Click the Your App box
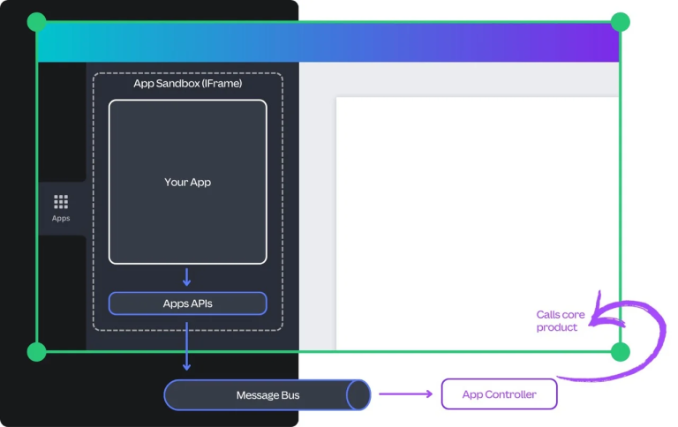(187, 182)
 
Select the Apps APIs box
(187, 303)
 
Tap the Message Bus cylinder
(267, 394)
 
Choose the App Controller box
(499, 394)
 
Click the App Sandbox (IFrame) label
(187, 84)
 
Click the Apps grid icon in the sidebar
(61, 202)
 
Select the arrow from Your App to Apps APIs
(187, 277)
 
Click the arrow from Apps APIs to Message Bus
(187, 347)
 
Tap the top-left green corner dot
(36, 22)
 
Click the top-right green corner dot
(621, 22)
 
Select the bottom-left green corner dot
(36, 352)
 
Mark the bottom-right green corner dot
(621, 352)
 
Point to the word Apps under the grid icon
(61, 219)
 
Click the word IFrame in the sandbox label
(222, 84)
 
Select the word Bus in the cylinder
(290, 394)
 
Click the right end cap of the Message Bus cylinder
(358, 394)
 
